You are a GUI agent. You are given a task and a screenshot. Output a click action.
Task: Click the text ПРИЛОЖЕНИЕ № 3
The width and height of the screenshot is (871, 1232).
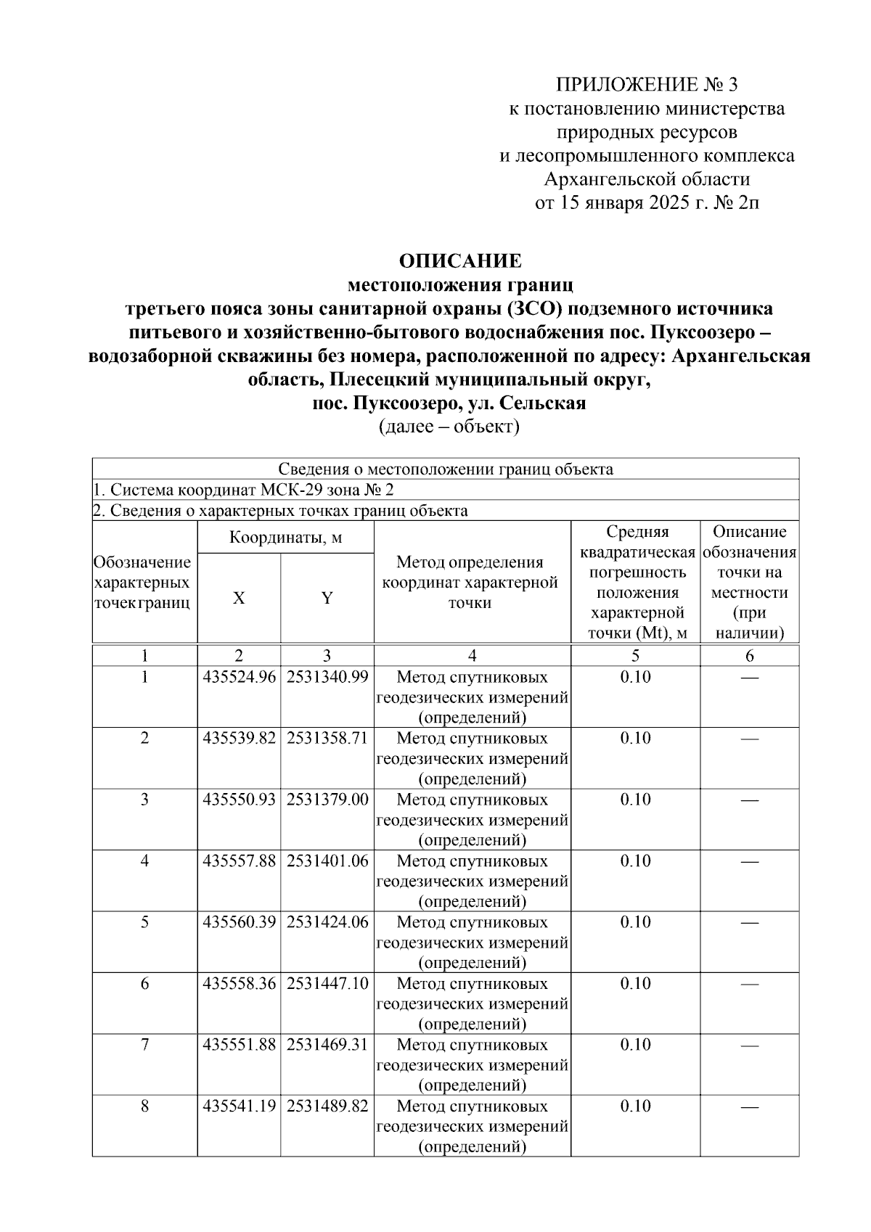[x=646, y=85]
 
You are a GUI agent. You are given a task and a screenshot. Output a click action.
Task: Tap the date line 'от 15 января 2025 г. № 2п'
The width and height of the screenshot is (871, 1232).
[x=647, y=202]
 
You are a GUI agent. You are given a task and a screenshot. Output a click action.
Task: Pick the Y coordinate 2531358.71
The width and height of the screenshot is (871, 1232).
[x=327, y=739]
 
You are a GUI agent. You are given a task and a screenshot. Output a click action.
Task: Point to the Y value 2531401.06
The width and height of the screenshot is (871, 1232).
[x=327, y=861]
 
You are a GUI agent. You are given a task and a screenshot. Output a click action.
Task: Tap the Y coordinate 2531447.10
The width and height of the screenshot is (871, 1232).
[x=327, y=984]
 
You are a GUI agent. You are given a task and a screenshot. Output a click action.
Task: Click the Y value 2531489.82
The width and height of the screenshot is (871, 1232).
[x=327, y=1106]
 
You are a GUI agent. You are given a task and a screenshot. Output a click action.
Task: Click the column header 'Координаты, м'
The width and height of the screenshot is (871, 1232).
[x=286, y=538]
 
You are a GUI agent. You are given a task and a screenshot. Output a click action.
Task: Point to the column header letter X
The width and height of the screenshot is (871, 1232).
[x=239, y=599]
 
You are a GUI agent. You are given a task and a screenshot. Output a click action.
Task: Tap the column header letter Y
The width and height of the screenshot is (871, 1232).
[x=327, y=599]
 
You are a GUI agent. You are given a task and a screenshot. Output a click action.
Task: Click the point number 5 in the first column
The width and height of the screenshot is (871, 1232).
[x=145, y=922]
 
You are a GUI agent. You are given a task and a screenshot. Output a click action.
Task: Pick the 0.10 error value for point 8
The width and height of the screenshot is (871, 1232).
[x=635, y=1106]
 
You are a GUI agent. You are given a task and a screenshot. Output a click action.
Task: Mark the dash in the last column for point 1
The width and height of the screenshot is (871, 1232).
[x=750, y=678]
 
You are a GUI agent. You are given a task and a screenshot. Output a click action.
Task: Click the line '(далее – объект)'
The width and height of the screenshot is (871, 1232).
[x=449, y=427]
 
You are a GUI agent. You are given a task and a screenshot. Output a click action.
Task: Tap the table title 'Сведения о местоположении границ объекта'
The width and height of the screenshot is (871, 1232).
[x=446, y=469]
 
